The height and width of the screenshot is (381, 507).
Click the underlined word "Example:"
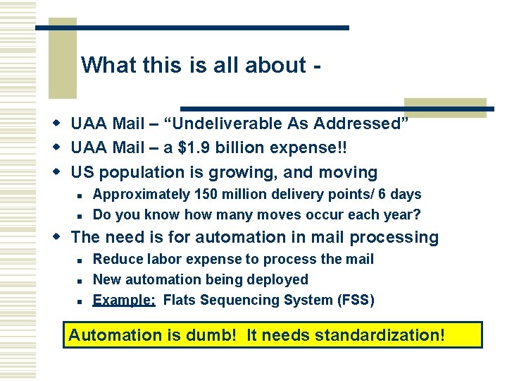(x=124, y=300)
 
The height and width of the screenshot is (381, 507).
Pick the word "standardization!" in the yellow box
(x=380, y=334)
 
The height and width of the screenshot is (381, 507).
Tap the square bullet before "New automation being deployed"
(x=82, y=281)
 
